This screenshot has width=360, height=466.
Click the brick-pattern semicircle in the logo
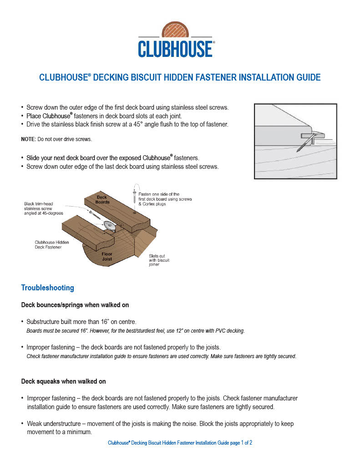[176, 30]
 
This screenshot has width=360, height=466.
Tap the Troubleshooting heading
[47, 288]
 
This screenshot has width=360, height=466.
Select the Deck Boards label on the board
[102, 199]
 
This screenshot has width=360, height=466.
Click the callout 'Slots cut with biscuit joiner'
[159, 260]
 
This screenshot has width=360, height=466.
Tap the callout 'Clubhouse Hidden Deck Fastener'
[52, 244]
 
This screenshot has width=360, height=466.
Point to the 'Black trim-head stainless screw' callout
[44, 208]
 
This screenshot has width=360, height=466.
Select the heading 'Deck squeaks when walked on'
[63, 381]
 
